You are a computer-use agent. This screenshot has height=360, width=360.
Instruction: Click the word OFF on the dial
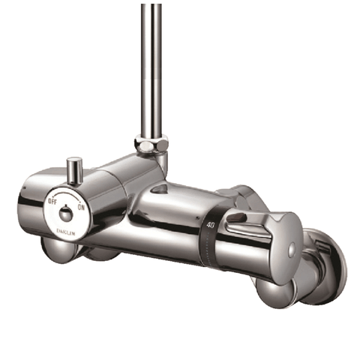(52, 201)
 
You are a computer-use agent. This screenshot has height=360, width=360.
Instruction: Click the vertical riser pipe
(151, 67)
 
